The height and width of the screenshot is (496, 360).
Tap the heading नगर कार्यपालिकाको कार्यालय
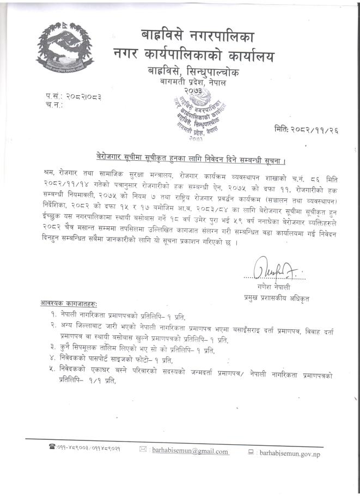pos(194,56)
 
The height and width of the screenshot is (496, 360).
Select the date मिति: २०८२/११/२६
pos(311,129)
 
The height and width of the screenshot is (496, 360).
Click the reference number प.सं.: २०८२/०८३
pos(74,96)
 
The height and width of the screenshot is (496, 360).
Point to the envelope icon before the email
pos(143,451)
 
